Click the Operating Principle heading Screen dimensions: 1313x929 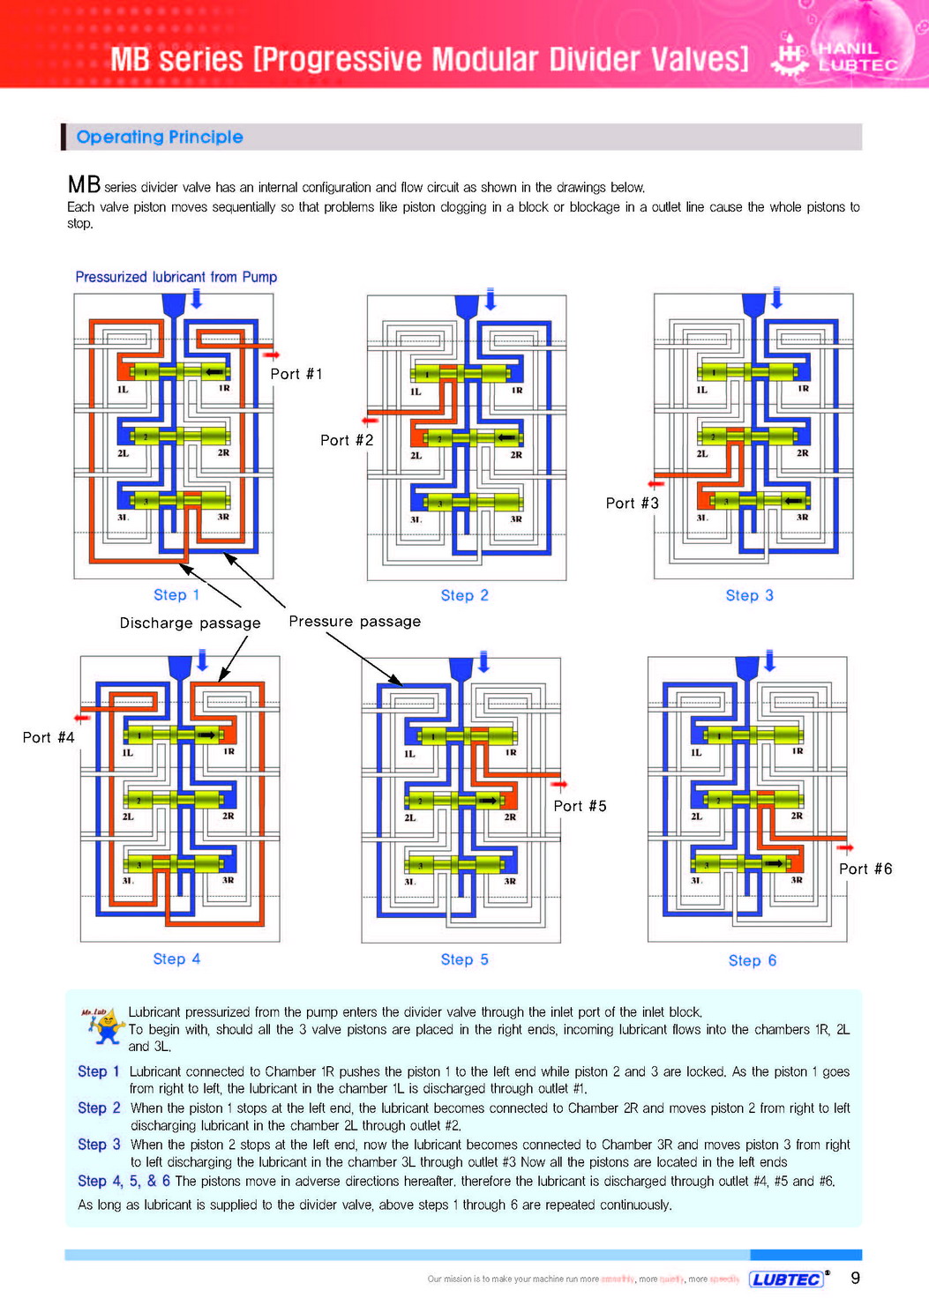[x=160, y=137]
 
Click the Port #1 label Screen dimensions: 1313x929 [x=296, y=374]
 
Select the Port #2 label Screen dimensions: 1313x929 [x=347, y=440]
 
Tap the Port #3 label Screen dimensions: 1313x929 [x=633, y=503]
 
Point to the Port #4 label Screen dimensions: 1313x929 [x=49, y=737]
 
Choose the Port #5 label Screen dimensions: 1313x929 [x=581, y=806]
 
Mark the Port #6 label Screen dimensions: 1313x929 [x=865, y=869]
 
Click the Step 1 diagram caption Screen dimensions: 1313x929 [x=176, y=595]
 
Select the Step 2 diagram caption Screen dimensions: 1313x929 [x=465, y=595]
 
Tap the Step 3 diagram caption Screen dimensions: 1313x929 [x=750, y=595]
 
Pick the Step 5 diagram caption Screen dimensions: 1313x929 [x=465, y=959]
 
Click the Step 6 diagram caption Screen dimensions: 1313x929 [x=753, y=960]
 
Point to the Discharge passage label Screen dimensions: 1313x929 [x=191, y=623]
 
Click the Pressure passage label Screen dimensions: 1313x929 [x=355, y=621]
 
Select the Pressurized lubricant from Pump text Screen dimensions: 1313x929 [x=176, y=277]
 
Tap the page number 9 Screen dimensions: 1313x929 [x=855, y=1278]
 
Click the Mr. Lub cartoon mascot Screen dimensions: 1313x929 [x=104, y=1026]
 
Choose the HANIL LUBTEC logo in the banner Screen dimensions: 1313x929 [x=836, y=56]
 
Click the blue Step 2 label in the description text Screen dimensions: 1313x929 [x=99, y=1108]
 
